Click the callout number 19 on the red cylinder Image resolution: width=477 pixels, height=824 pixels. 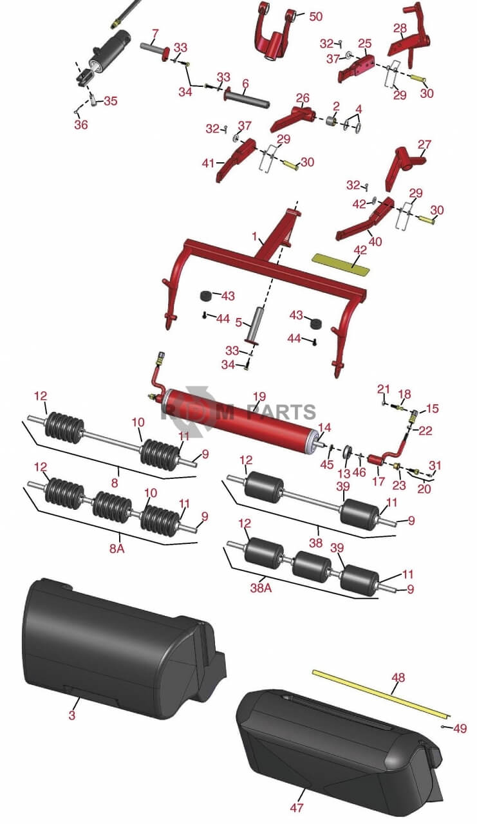coord(259,397)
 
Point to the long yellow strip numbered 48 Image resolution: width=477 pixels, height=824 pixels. coord(380,691)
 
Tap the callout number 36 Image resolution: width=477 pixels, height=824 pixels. coord(80,125)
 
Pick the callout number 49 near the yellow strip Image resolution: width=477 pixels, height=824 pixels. coord(460,729)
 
